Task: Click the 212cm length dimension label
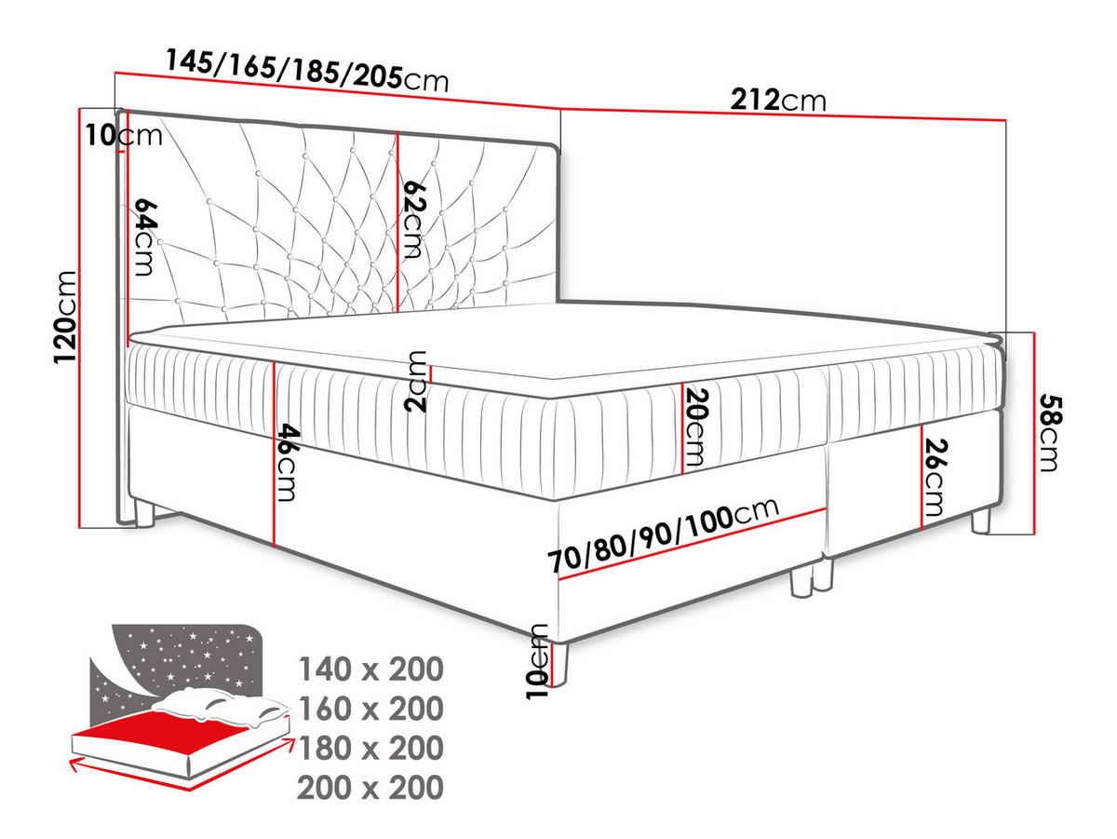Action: (778, 101)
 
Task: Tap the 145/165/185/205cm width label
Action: (307, 71)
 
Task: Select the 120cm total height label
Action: (66, 318)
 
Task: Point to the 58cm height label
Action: (1050, 432)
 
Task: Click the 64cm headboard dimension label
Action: (146, 237)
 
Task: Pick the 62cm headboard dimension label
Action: (415, 220)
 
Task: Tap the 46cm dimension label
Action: (288, 462)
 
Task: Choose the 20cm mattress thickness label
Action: (695, 427)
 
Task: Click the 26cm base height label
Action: (935, 478)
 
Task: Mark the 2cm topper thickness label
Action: (415, 381)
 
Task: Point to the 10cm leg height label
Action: (537, 662)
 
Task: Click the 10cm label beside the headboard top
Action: (124, 135)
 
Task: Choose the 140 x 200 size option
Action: (371, 670)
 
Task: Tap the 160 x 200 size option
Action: (371, 709)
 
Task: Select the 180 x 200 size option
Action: (371, 748)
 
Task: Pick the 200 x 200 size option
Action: (371, 788)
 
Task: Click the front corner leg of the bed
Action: (559, 664)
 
